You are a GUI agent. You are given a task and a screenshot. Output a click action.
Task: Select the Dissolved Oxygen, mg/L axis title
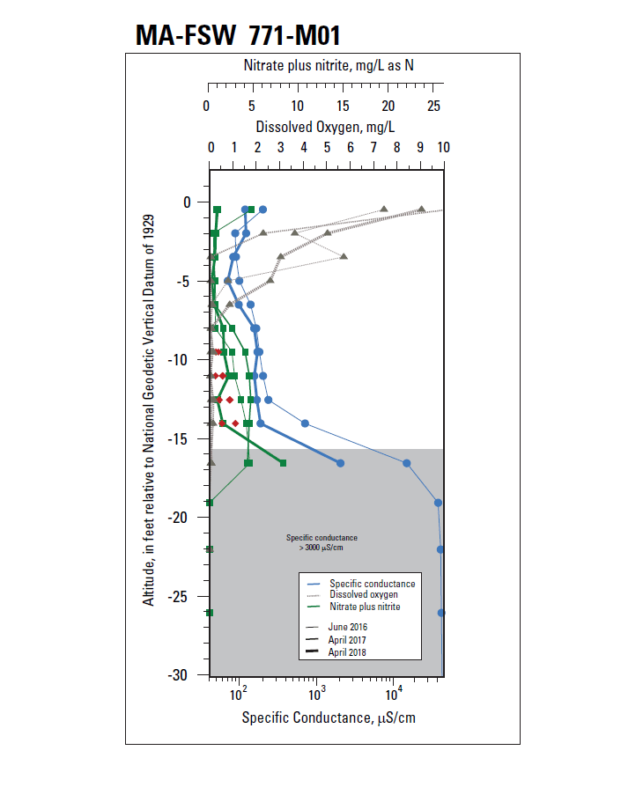tap(325, 127)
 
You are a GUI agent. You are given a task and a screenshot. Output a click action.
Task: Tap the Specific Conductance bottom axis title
tap(329, 717)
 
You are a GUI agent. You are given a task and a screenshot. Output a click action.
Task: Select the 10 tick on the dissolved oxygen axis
tap(442, 147)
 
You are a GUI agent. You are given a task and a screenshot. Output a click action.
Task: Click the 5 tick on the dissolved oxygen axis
tap(327, 147)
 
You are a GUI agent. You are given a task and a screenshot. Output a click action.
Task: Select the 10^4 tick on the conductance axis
tap(394, 692)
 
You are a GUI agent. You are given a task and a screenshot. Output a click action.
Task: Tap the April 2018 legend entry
tap(347, 652)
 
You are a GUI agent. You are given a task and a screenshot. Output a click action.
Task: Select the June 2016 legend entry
tap(346, 626)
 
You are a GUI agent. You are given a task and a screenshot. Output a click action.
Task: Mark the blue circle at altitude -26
tap(441, 613)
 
